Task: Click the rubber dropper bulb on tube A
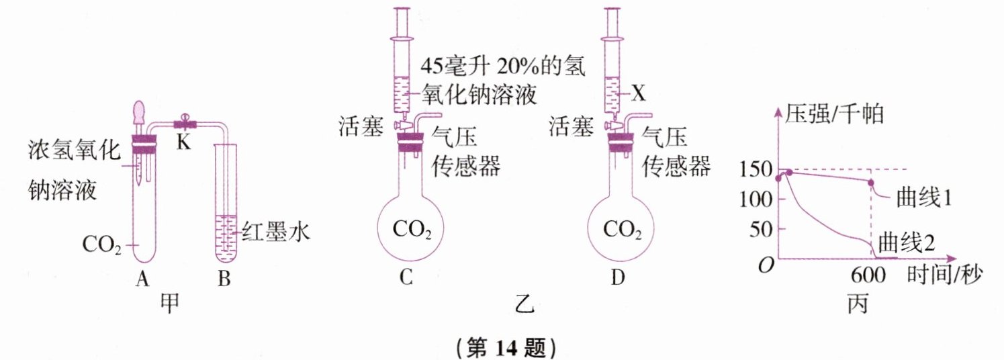[x=140, y=112]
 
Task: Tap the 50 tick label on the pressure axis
[x=756, y=230]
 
